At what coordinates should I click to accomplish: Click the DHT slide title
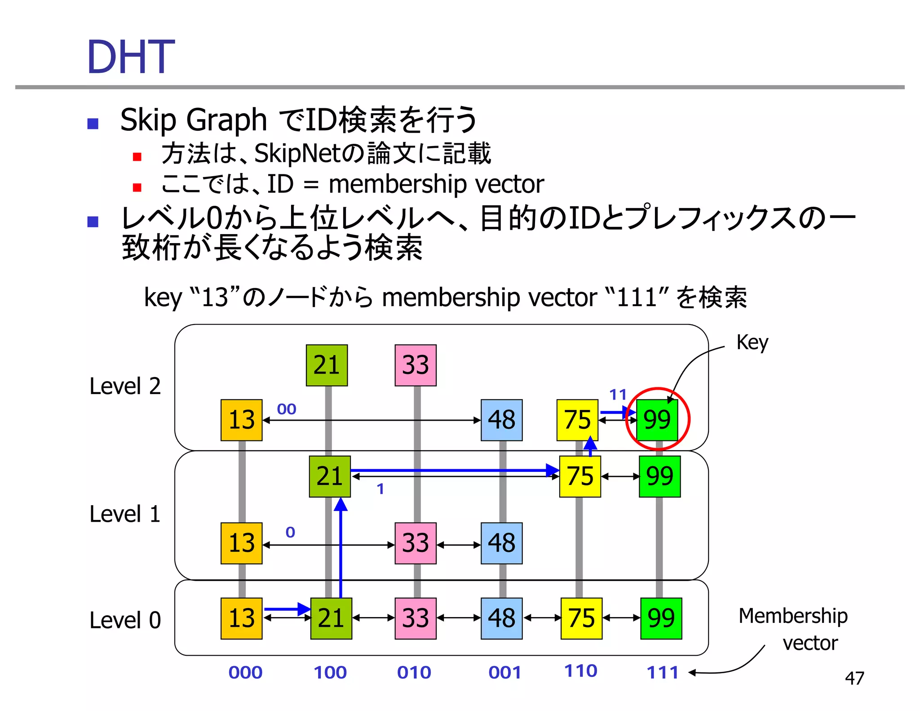pyautogui.click(x=130, y=57)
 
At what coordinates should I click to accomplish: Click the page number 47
pyautogui.click(x=854, y=678)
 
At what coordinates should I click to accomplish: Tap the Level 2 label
pyautogui.click(x=125, y=386)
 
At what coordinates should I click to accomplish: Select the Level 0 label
pyautogui.click(x=125, y=620)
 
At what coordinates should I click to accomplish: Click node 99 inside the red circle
pyautogui.click(x=657, y=420)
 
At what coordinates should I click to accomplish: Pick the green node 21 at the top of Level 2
pyautogui.click(x=327, y=365)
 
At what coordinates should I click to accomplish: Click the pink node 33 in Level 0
pyautogui.click(x=416, y=618)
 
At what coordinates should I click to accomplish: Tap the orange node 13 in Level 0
pyautogui.click(x=241, y=618)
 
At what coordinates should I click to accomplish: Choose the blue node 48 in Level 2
pyautogui.click(x=501, y=420)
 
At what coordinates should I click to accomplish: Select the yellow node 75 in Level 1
pyautogui.click(x=580, y=476)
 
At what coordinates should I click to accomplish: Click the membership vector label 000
pyautogui.click(x=245, y=672)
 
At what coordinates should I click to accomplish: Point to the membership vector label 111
pyautogui.click(x=662, y=672)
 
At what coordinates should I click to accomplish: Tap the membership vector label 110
pyautogui.click(x=580, y=671)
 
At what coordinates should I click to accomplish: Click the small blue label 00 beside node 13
pyautogui.click(x=287, y=409)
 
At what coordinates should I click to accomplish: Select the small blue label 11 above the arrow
pyautogui.click(x=618, y=395)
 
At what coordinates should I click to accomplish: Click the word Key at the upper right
pyautogui.click(x=752, y=342)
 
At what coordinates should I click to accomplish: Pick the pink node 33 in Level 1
pyautogui.click(x=416, y=543)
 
